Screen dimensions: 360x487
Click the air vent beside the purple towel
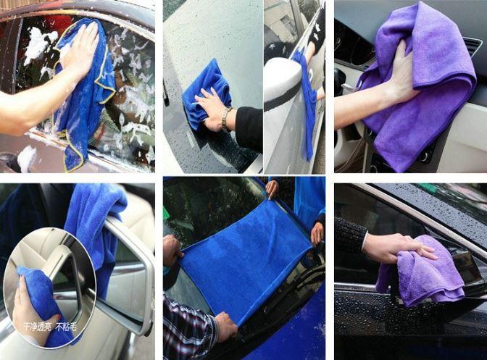[472, 51]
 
